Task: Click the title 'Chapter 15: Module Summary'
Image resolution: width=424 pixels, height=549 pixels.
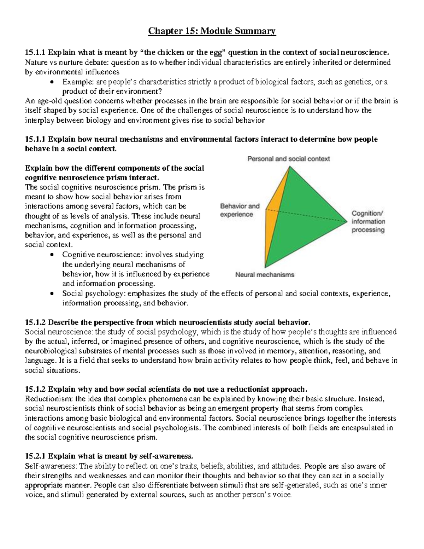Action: [x=212, y=31]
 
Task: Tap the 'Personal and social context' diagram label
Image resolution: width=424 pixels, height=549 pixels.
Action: [x=288, y=159]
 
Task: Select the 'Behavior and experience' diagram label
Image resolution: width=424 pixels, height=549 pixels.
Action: [x=240, y=210]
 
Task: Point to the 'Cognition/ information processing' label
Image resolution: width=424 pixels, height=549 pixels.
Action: [x=368, y=222]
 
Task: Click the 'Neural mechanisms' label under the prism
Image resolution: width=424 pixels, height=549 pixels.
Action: [x=265, y=274]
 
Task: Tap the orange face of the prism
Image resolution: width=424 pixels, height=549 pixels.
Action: [x=271, y=219]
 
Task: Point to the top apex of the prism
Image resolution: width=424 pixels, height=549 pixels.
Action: [x=289, y=167]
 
